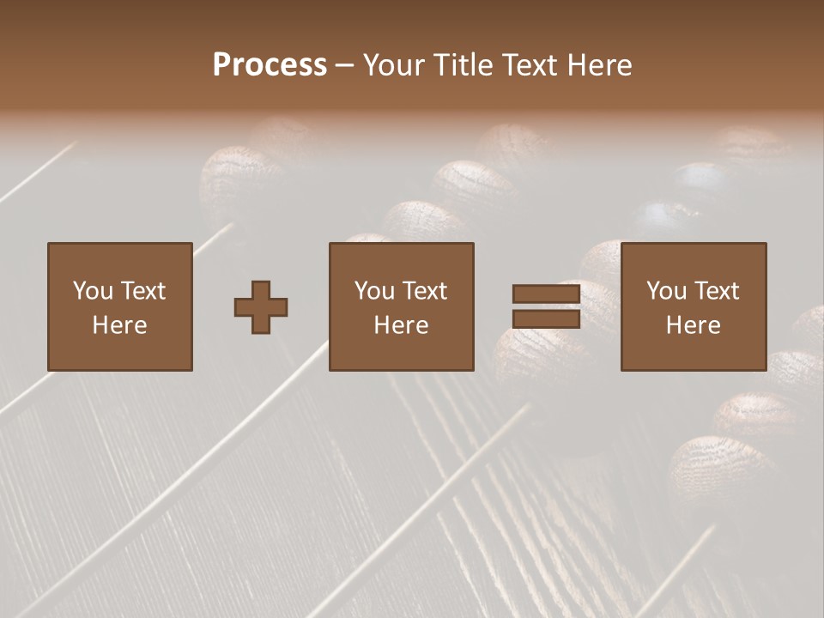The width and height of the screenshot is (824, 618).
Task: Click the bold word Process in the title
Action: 270,65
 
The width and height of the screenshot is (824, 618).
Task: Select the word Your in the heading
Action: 397,65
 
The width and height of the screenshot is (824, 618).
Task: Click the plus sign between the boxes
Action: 261,307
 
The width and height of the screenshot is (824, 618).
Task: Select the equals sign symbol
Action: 546,307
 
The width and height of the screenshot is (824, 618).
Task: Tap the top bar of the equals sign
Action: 546,294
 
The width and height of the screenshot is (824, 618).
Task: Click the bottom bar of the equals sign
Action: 546,319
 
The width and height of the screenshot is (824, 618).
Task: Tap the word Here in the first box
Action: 120,325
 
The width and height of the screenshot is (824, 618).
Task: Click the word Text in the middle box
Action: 423,291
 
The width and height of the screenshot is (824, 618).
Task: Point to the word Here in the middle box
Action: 402,325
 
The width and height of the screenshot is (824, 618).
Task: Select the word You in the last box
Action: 666,291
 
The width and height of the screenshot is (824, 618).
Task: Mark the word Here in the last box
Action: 694,325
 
